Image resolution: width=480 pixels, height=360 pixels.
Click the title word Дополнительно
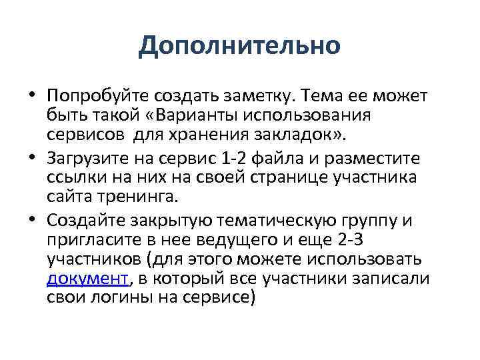(x=240, y=46)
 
